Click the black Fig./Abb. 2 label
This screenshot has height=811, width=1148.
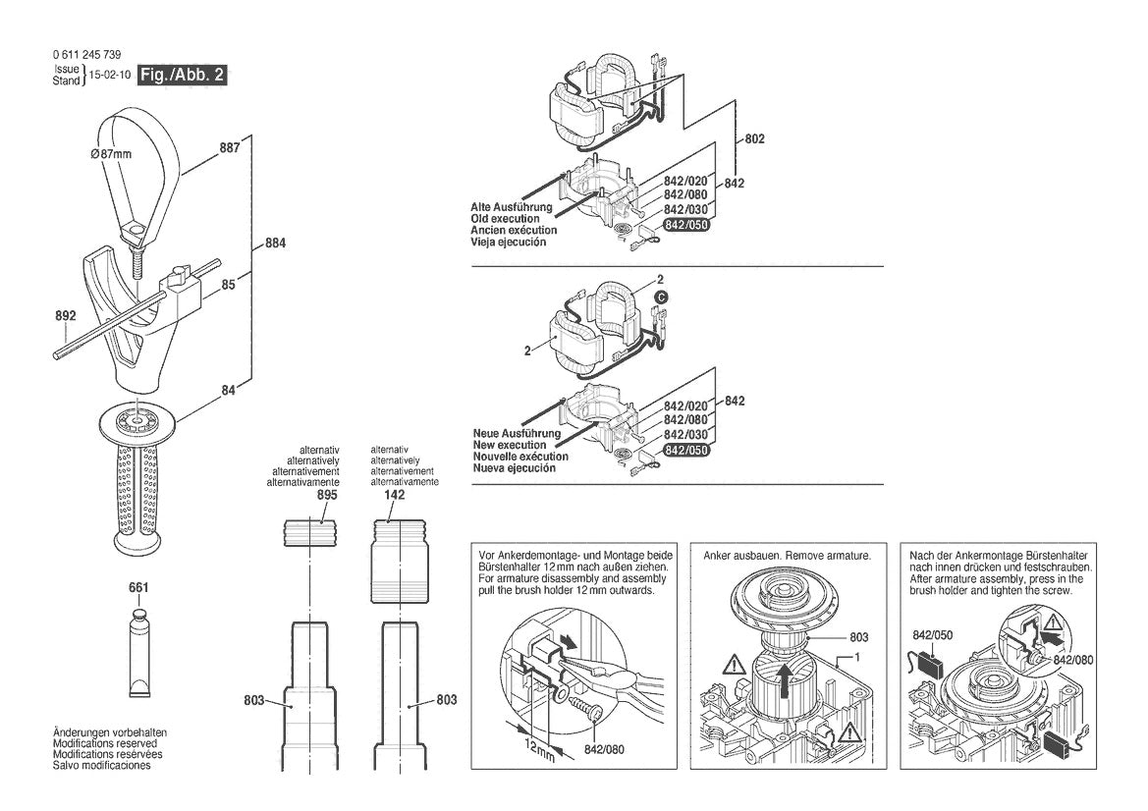[x=183, y=76]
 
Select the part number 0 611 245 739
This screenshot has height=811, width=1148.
[x=86, y=55]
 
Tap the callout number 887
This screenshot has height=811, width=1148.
[x=229, y=148]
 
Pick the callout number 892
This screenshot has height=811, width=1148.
[x=66, y=317]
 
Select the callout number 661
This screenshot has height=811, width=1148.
[x=138, y=588]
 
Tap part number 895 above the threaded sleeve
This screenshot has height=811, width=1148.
[x=327, y=497]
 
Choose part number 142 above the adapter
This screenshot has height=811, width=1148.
[x=395, y=497]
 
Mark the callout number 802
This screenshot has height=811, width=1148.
[x=754, y=139]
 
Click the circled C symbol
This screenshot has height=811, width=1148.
[x=661, y=296]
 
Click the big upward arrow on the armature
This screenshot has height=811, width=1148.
[x=783, y=676]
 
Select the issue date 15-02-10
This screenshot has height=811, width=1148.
[x=110, y=76]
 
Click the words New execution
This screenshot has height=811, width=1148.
[x=510, y=445]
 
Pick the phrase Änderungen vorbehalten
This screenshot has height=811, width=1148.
[x=109, y=733]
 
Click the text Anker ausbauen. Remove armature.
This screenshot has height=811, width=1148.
[x=787, y=556]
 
